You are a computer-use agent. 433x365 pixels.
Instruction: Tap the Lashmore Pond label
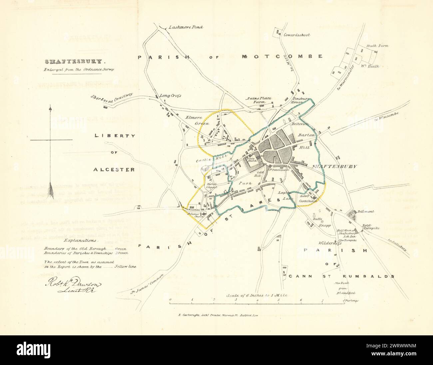coord(186,27)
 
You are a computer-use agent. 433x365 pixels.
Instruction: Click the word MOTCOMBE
coord(282,56)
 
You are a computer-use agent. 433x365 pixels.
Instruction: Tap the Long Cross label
coord(170,96)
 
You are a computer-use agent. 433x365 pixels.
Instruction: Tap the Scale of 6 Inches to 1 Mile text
coord(256,295)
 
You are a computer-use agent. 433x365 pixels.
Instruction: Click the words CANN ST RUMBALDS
coord(341,276)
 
